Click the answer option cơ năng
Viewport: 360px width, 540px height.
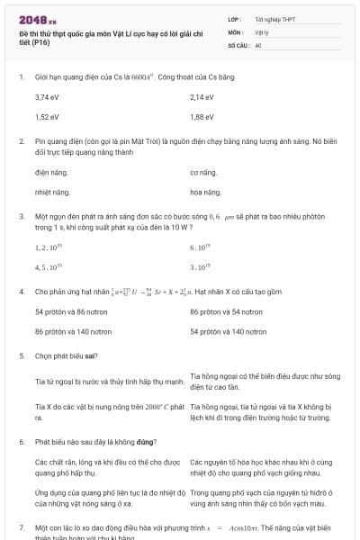pos(203,172)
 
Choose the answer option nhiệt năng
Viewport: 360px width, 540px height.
pos(52,193)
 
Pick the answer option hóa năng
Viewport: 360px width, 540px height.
pos(205,193)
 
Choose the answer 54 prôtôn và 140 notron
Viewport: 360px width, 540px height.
pos(229,332)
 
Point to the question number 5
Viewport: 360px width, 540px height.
pos(21,356)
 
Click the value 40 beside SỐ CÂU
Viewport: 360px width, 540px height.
pos(258,44)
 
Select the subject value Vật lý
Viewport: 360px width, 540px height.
pos(262,31)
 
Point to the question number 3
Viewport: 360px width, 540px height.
pos(21,217)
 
